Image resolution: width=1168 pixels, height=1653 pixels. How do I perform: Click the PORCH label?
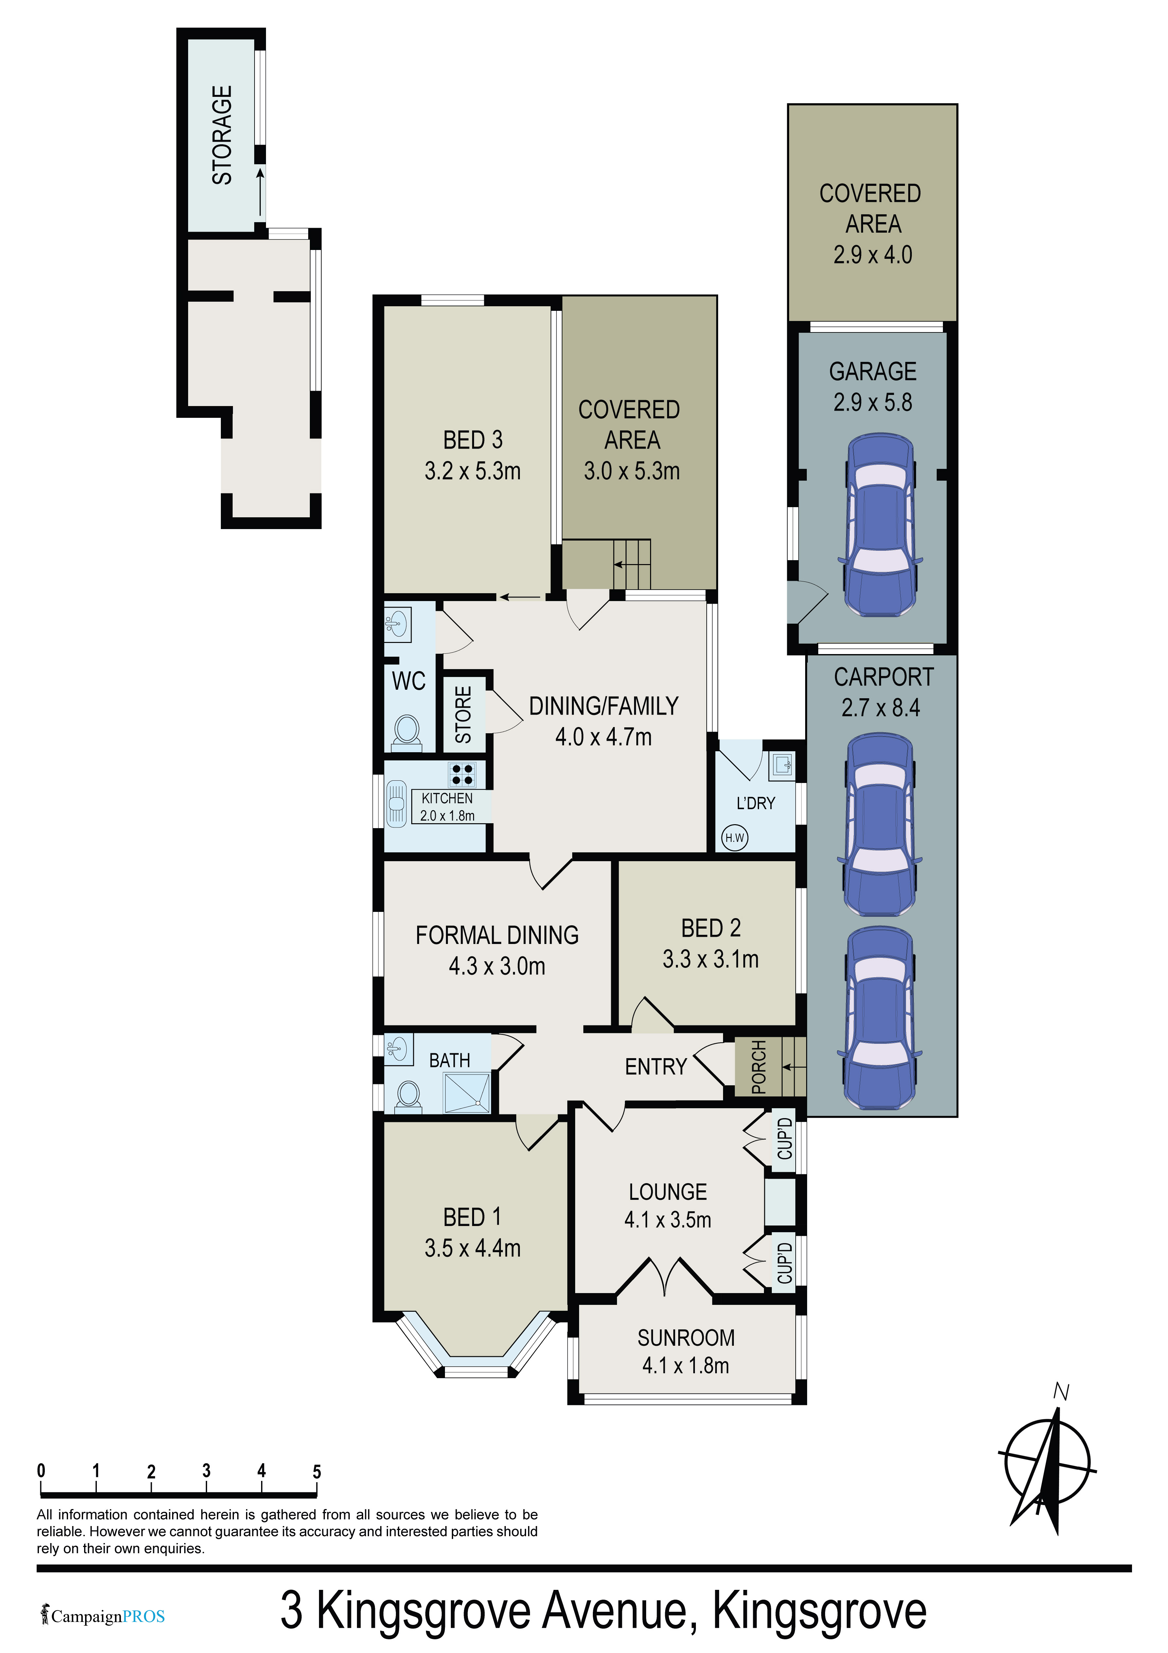[x=758, y=1067]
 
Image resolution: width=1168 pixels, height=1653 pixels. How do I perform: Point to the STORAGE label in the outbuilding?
[x=222, y=134]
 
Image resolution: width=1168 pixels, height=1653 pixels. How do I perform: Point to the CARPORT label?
[x=884, y=677]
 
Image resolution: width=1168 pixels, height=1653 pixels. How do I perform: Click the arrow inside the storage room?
[x=260, y=191]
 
